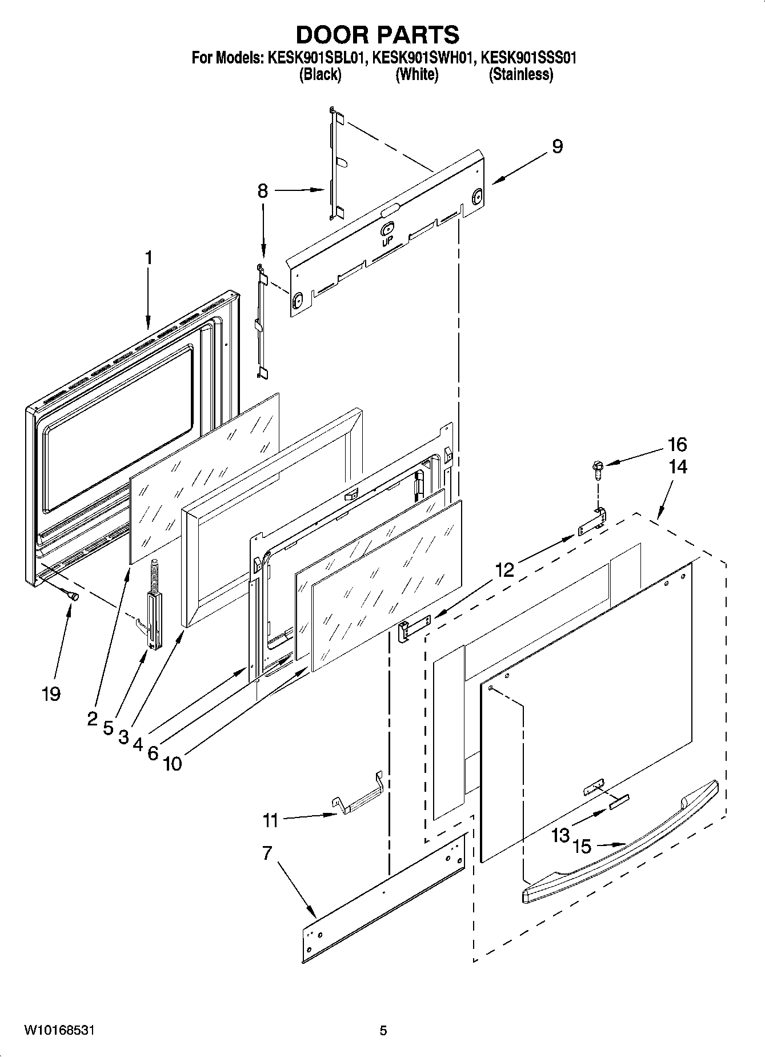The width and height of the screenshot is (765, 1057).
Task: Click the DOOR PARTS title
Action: [x=378, y=35]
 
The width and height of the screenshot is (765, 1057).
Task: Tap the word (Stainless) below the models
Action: [x=520, y=75]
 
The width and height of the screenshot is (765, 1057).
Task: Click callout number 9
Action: [x=557, y=147]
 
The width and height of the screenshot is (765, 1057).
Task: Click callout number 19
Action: [x=51, y=694]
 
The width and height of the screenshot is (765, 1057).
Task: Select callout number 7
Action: [x=267, y=853]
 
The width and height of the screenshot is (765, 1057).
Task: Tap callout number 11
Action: [x=270, y=820]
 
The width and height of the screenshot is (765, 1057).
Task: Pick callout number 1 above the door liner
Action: [x=149, y=258]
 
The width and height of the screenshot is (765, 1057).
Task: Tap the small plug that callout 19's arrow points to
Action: [x=74, y=596]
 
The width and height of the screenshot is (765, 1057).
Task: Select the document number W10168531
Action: [x=59, y=1030]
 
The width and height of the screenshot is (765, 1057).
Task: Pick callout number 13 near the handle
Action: [x=560, y=835]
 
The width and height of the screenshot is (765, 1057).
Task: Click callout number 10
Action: [x=172, y=763]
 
